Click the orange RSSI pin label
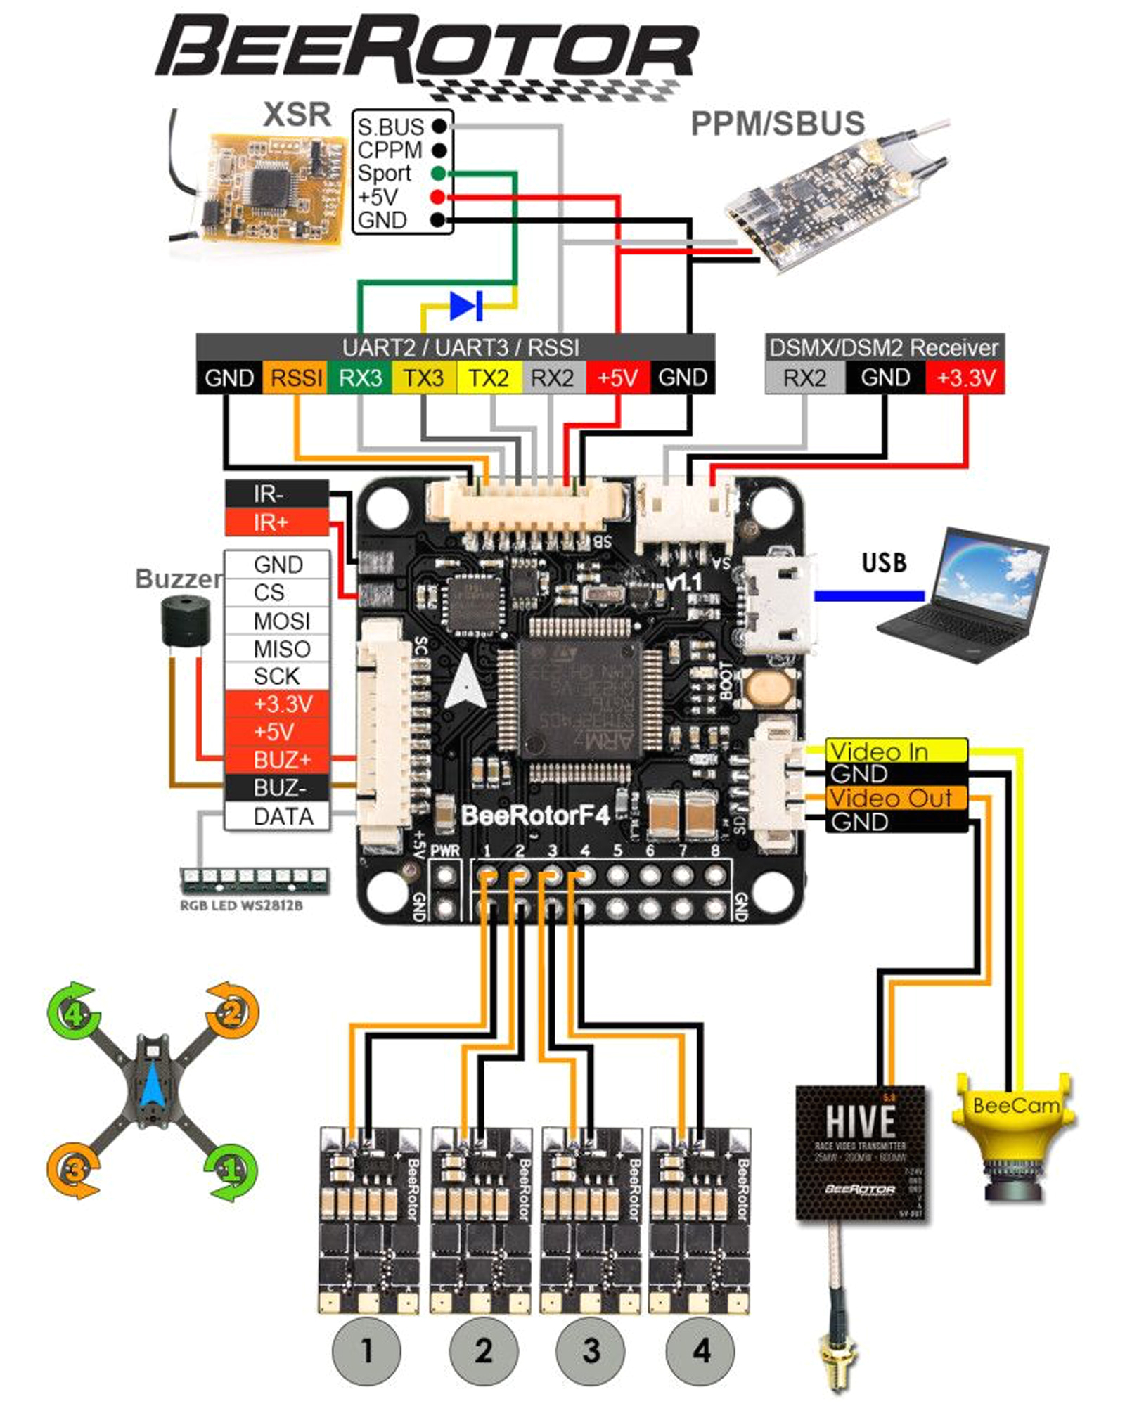(296, 378)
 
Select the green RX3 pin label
(360, 378)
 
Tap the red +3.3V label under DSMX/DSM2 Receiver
(965, 378)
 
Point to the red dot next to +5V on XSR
(437, 197)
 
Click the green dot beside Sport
(438, 174)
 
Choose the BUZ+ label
(277, 760)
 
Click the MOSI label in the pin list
(277, 621)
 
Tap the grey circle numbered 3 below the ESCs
(591, 1350)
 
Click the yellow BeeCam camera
(1012, 1132)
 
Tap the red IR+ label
(276, 522)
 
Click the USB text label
(884, 563)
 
